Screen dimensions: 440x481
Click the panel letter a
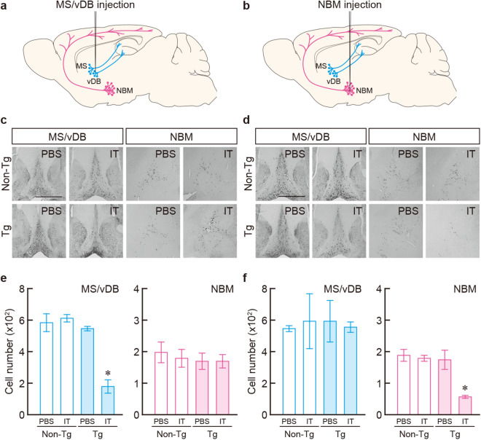click(x=6, y=7)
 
